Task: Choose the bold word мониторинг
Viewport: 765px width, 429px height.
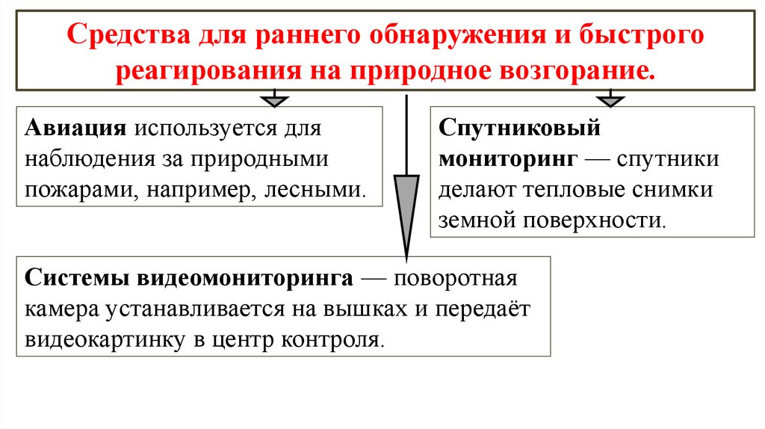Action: pyautogui.click(x=507, y=159)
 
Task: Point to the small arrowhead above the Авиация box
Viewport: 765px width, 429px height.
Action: pyautogui.click(x=276, y=99)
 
